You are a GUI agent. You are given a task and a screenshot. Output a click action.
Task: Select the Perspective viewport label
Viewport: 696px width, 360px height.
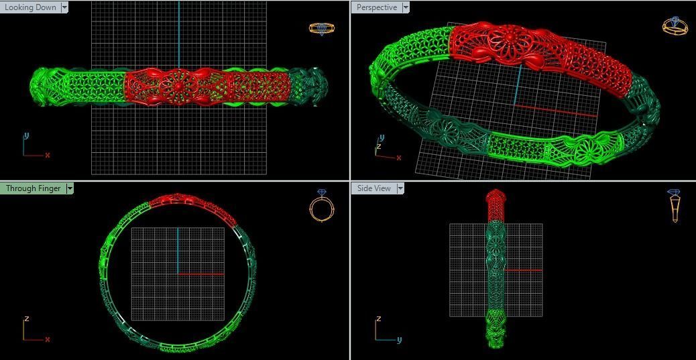(376, 7)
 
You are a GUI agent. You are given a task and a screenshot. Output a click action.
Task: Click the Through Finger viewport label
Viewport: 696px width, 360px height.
(33, 188)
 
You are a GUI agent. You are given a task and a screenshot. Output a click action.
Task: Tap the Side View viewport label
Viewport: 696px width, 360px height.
(373, 188)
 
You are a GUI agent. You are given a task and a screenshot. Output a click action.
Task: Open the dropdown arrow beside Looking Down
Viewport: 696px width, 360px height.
(64, 7)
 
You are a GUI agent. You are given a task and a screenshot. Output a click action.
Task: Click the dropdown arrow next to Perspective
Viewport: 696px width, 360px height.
(406, 7)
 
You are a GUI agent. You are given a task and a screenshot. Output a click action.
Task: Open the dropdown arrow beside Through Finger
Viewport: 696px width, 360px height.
(70, 188)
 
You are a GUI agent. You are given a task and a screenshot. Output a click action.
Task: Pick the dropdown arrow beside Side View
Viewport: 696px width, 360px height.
(400, 188)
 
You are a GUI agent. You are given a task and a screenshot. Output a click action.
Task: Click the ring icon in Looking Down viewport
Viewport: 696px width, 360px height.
(321, 28)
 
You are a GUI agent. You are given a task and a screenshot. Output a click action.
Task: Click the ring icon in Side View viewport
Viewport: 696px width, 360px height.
(675, 205)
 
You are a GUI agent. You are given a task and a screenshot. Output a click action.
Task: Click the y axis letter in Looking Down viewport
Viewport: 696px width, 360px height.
(26, 135)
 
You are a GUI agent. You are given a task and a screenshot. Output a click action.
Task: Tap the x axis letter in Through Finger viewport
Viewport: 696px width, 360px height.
(48, 340)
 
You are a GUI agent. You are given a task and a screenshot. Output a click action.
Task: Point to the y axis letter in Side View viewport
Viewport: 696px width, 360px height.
(399, 340)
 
